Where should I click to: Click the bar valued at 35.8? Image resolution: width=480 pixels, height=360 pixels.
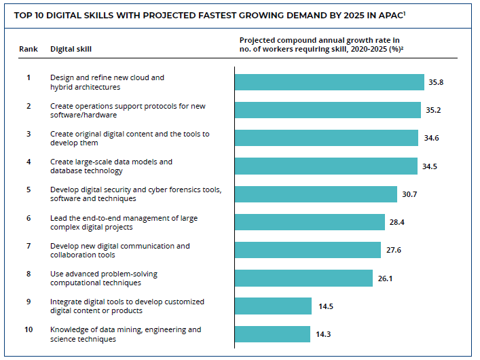[329, 82]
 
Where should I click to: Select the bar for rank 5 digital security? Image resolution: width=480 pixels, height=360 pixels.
[316, 194]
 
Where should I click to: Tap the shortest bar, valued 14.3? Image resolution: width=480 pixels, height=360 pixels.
[272, 334]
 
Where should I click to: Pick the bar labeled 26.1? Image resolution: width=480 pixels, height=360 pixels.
[303, 278]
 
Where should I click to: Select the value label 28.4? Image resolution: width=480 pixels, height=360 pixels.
[396, 222]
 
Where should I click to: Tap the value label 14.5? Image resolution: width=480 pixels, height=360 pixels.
[326, 306]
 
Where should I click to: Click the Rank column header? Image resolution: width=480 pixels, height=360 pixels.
[29, 49]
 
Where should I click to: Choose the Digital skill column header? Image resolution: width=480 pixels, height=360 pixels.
[71, 49]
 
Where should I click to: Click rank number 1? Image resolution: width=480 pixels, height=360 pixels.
[29, 77]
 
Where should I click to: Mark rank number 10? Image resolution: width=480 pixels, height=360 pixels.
[29, 329]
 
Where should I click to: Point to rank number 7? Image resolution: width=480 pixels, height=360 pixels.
[29, 245]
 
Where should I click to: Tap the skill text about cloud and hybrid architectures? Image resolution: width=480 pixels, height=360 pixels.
[107, 82]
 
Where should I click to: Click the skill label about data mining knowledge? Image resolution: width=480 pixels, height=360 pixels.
[125, 334]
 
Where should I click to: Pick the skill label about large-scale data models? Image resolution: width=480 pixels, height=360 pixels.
[111, 166]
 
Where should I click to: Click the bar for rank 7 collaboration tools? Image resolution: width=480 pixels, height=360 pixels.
[308, 250]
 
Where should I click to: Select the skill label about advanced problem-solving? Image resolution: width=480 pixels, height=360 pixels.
[105, 278]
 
